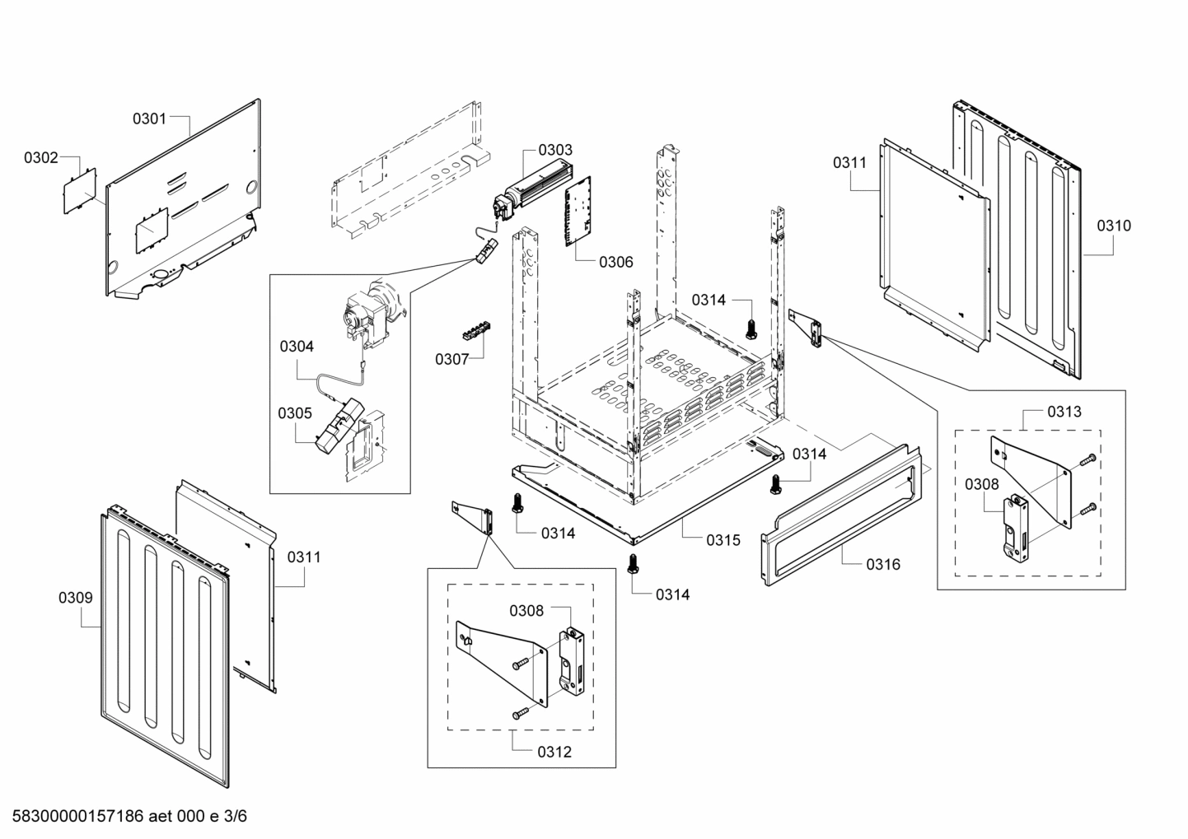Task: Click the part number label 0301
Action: (149, 119)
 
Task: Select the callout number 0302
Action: (40, 157)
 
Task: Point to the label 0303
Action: (555, 150)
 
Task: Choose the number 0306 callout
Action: (615, 262)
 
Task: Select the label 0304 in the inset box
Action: (297, 347)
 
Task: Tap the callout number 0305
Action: (294, 413)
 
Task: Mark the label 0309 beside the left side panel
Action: (75, 598)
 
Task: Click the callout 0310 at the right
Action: (1113, 226)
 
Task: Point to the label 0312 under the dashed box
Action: (554, 752)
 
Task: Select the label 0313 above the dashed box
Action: (1064, 411)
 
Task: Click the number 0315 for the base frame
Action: (723, 540)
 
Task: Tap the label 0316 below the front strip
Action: (882, 564)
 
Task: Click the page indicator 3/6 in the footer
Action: (236, 816)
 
